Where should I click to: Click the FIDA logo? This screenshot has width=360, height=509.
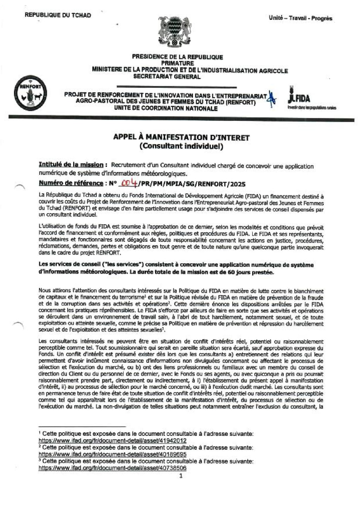(x=299, y=97)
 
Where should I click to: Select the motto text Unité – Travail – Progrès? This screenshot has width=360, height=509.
(x=300, y=18)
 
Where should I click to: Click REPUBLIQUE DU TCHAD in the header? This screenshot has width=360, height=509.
(x=58, y=16)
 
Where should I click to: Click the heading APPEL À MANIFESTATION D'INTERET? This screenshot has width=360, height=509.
(x=181, y=138)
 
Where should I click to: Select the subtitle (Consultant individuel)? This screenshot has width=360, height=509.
(x=181, y=146)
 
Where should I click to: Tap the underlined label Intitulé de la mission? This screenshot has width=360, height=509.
(x=72, y=165)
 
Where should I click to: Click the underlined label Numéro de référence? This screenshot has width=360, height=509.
(x=71, y=184)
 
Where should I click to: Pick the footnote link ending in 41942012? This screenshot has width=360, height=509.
(x=113, y=440)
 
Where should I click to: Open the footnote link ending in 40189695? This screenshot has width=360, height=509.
(x=113, y=454)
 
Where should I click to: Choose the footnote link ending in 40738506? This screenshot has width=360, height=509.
(x=113, y=468)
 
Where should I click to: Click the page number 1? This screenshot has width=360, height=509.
(x=180, y=476)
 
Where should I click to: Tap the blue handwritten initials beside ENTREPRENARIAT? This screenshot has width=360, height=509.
(x=272, y=98)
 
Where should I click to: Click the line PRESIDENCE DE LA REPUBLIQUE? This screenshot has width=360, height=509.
(x=177, y=57)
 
